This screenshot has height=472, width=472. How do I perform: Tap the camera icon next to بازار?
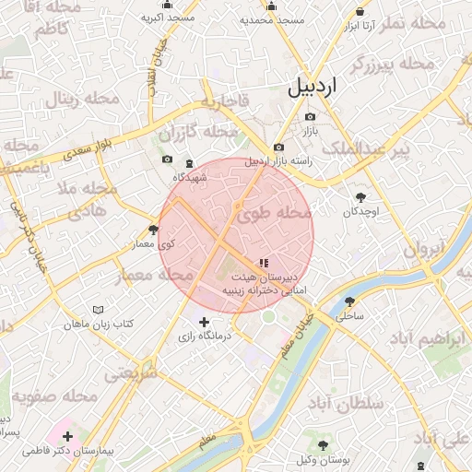pos(310,117)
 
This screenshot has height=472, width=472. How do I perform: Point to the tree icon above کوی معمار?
pos(153,230)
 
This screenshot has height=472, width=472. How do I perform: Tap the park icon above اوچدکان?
pos(360,196)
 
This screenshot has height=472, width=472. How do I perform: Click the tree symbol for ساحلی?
pos(349,301)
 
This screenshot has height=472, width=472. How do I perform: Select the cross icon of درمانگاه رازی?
pos(205,321)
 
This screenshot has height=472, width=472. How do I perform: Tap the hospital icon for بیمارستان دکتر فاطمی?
pos(67,435)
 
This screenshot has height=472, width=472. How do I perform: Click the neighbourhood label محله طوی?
pos(276,214)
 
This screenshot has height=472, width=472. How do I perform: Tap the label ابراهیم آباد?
pos(428,339)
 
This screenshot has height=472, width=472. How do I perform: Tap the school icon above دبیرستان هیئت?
pos(265,264)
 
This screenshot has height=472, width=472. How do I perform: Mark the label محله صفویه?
pos(55,396)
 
